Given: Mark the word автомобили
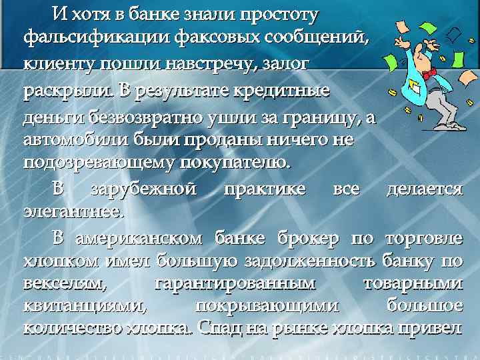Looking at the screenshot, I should pos(69,141).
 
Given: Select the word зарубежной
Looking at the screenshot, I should pos(143,189).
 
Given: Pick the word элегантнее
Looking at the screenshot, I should pos(73,213).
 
